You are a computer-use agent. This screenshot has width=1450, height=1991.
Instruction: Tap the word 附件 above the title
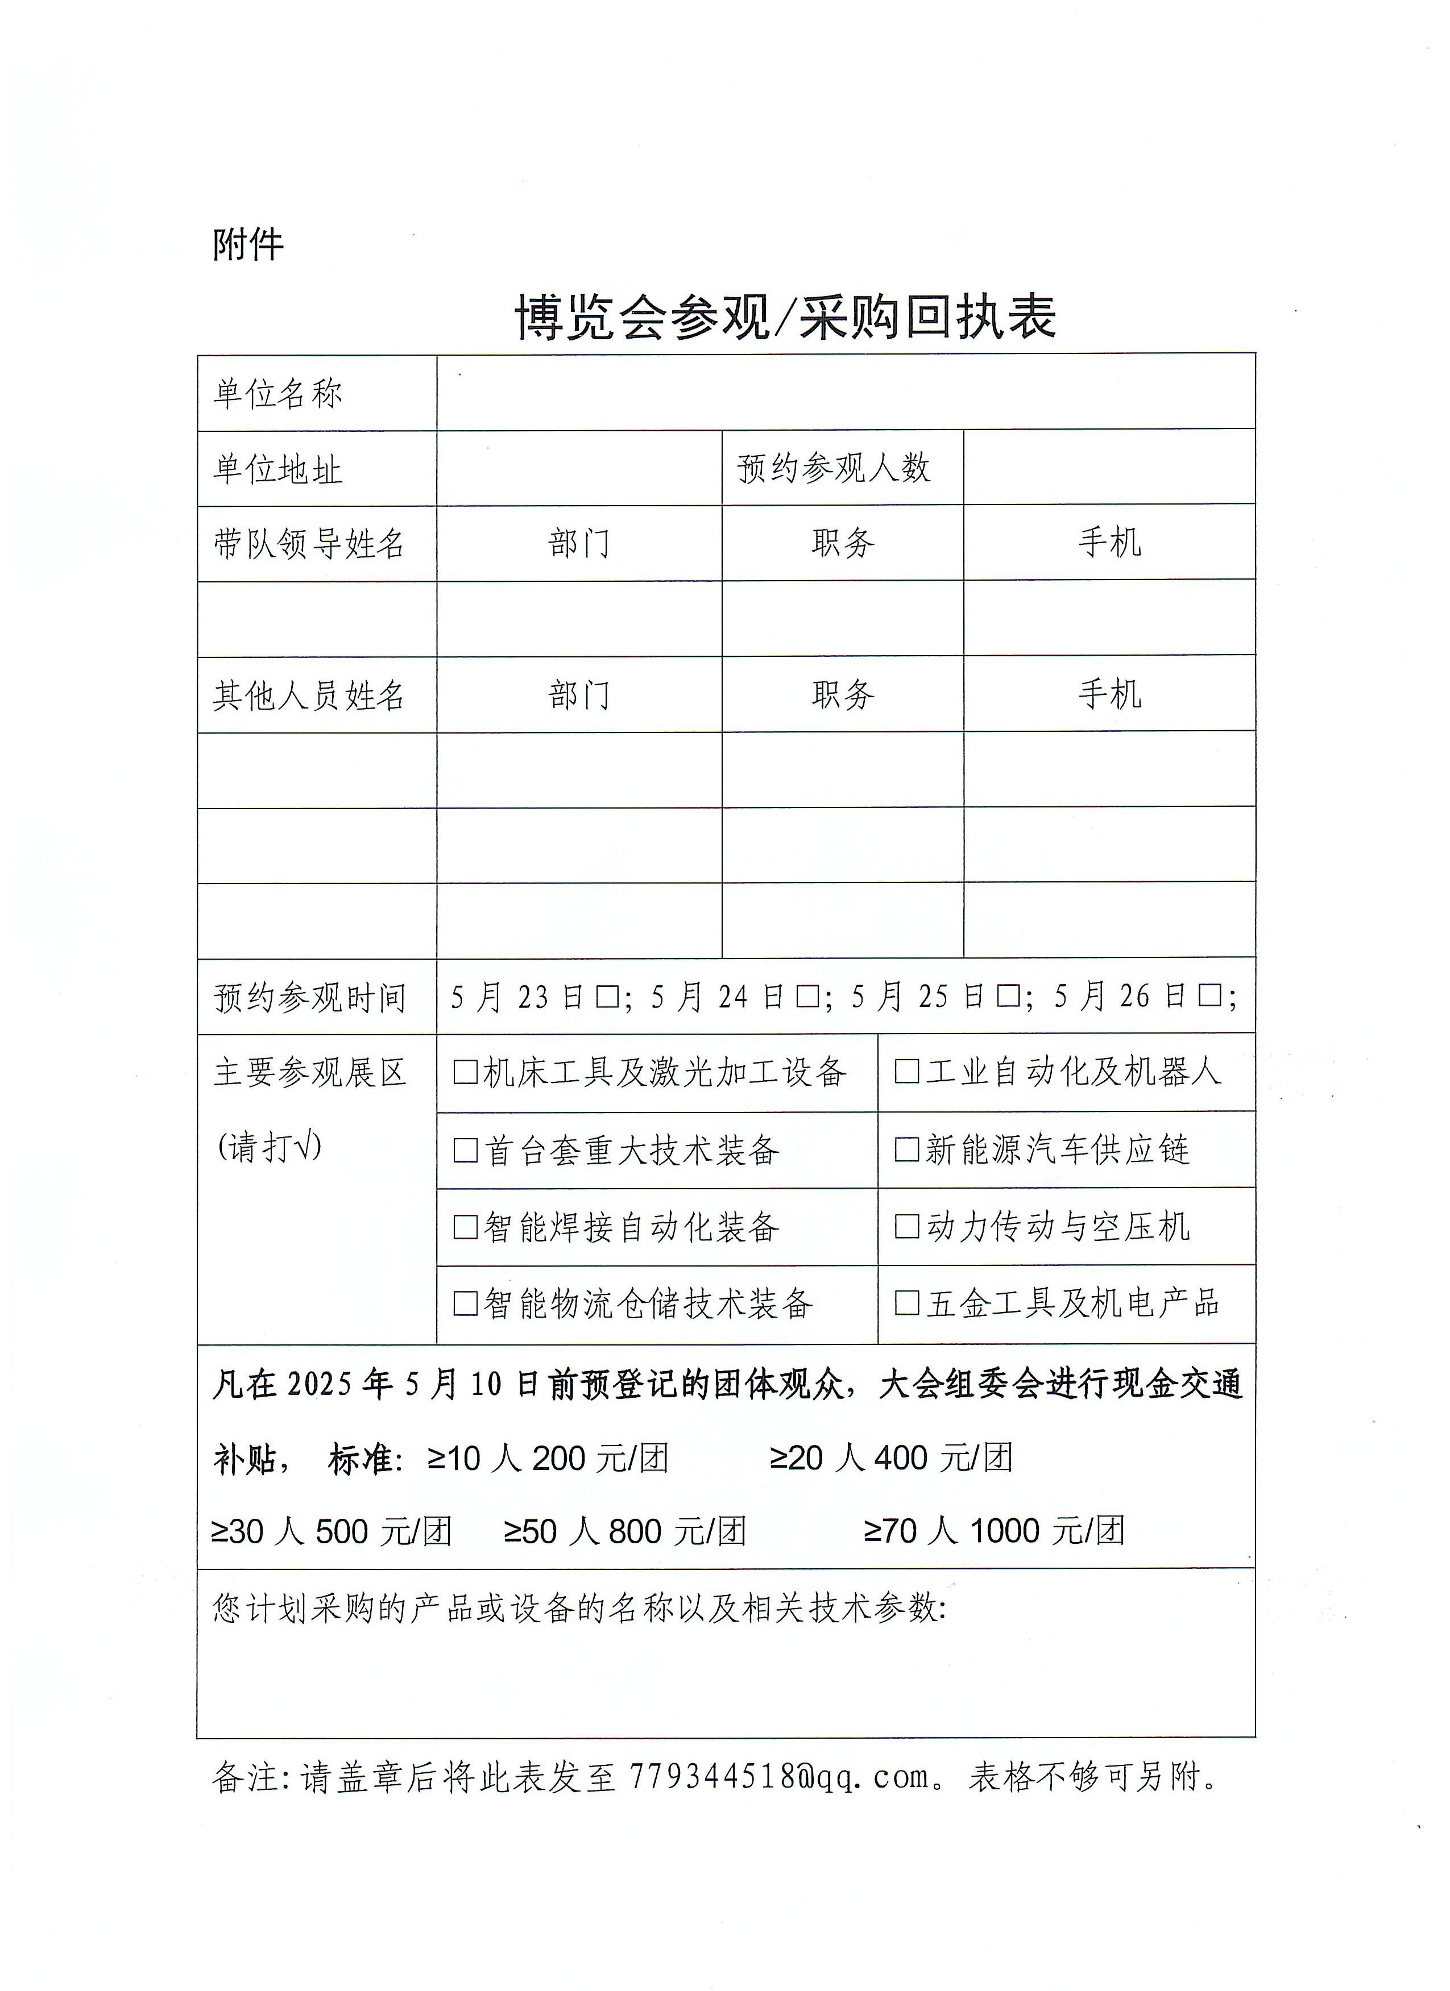pyautogui.click(x=248, y=244)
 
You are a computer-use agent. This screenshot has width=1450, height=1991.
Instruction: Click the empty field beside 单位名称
pyautogui.click(x=845, y=393)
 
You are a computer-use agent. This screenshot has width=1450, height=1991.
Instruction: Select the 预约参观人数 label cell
pyautogui.click(x=832, y=468)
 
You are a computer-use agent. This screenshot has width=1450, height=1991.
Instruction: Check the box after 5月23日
pyautogui.click(x=607, y=997)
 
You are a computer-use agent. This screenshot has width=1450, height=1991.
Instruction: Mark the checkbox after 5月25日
pyautogui.click(x=1008, y=997)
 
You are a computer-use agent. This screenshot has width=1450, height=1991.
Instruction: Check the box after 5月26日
pyautogui.click(x=1209, y=997)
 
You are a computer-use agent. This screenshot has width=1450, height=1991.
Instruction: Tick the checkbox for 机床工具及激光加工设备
pyautogui.click(x=466, y=1072)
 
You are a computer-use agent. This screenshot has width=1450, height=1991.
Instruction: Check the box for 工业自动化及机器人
pyautogui.click(x=906, y=1072)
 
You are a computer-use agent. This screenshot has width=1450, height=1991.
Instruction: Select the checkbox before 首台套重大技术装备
pyautogui.click(x=466, y=1150)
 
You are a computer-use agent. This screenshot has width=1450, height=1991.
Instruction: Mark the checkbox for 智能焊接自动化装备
pyautogui.click(x=466, y=1226)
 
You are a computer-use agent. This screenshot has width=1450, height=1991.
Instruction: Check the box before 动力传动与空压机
pyautogui.click(x=906, y=1226)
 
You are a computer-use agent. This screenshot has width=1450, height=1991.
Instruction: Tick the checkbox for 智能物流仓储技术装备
pyautogui.click(x=466, y=1303)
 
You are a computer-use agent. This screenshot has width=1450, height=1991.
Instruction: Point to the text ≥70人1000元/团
pyautogui.click(x=993, y=1531)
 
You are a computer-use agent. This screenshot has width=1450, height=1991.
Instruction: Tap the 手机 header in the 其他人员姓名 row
pyautogui.click(x=1109, y=694)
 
